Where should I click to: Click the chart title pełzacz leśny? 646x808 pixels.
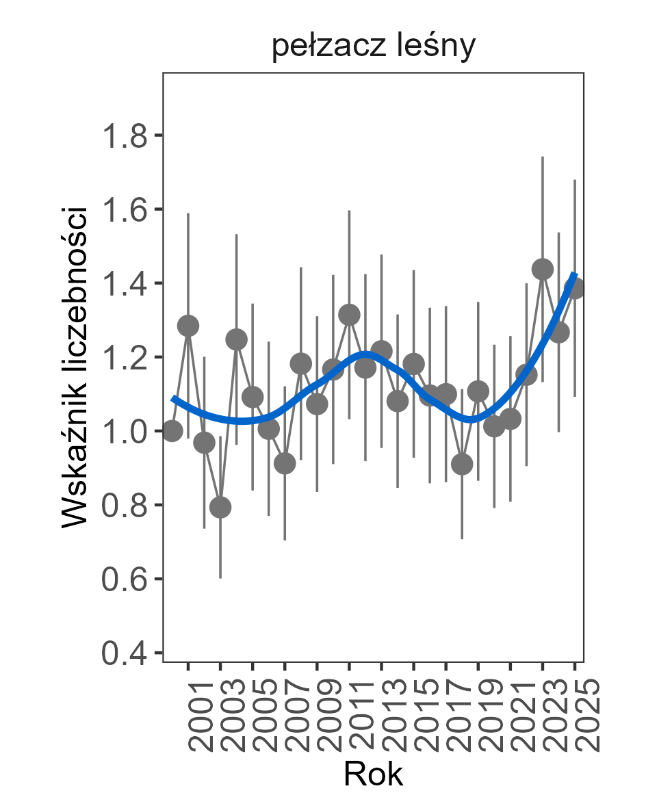click(373, 49)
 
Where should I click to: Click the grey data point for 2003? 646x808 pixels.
click(220, 507)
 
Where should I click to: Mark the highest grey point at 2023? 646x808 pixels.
click(543, 269)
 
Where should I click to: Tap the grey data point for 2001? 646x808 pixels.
click(188, 326)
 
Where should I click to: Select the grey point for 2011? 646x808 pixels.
click(349, 315)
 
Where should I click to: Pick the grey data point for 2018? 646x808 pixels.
click(462, 465)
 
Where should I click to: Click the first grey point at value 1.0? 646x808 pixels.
click(172, 431)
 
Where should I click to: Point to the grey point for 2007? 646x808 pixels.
click(285, 463)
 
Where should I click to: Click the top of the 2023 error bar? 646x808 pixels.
click(543, 157)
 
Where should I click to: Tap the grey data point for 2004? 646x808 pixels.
click(237, 339)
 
